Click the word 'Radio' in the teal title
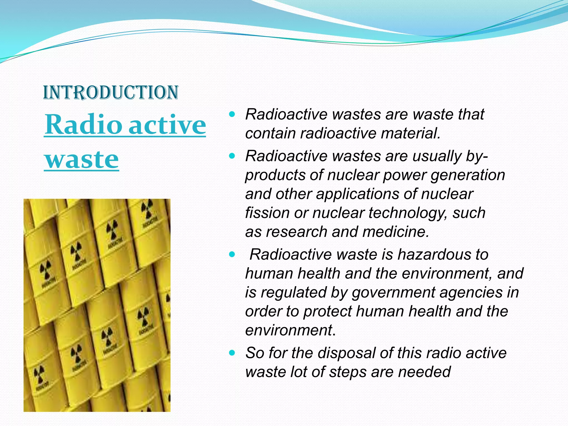(x=83, y=125)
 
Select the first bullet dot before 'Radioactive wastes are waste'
(x=232, y=114)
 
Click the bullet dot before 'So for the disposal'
(x=232, y=353)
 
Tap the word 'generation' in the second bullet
(x=468, y=175)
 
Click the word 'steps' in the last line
(x=348, y=372)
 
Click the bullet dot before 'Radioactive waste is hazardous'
(x=232, y=254)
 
